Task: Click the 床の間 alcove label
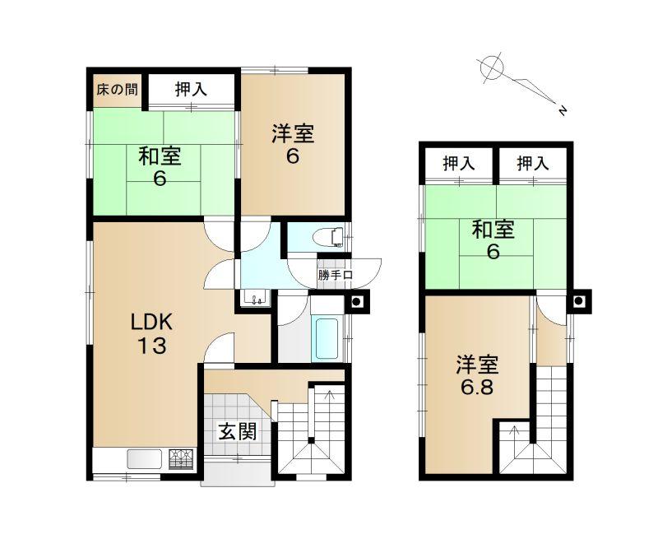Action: point(117,90)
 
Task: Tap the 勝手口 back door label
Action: point(335,276)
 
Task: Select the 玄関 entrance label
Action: point(238,431)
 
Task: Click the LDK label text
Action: point(151,323)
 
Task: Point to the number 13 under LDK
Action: point(152,346)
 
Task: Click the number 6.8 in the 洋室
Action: point(477,388)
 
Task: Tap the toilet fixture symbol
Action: point(333,237)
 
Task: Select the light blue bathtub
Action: point(327,339)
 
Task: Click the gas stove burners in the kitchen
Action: point(181,458)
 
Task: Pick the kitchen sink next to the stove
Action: point(145,459)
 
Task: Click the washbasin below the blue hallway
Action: point(256,298)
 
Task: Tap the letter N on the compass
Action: point(563,110)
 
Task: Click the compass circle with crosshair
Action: point(491,67)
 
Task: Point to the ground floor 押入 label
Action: point(191,89)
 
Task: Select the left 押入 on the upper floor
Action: point(459,163)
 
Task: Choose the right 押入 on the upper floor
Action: point(533,163)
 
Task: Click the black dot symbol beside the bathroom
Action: point(356,301)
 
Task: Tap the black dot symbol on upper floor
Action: point(579,300)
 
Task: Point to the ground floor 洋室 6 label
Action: point(293,145)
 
